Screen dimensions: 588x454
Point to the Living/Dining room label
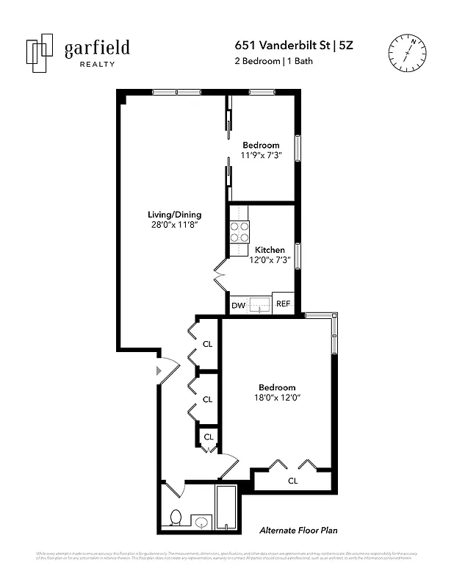174,215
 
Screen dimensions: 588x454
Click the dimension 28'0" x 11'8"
174,226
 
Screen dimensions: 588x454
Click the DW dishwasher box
238,305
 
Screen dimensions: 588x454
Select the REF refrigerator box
283,304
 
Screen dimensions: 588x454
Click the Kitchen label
270,250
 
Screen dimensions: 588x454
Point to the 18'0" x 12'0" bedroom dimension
277,398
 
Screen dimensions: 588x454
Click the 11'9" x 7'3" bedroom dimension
261,155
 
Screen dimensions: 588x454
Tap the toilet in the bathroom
176,517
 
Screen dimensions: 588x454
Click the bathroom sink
201,523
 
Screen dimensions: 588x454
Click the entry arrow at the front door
157,373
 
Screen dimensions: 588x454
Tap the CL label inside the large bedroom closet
292,481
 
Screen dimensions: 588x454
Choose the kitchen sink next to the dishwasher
259,304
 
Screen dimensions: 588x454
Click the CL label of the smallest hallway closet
208,437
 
